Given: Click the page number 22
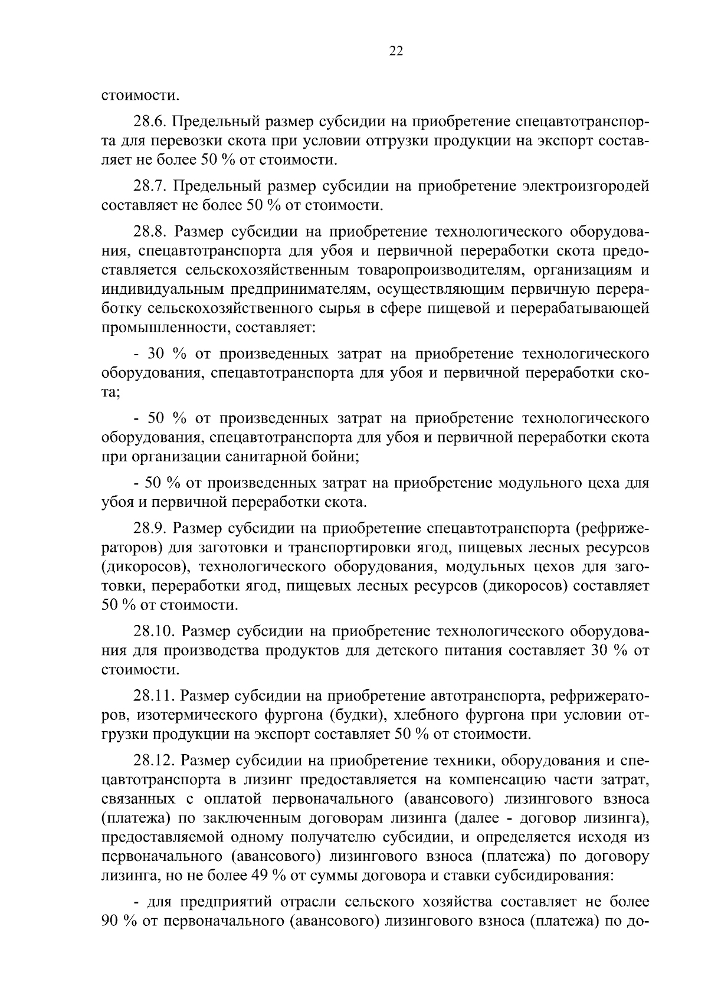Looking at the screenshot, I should tap(396, 51).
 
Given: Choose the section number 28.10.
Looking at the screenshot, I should tap(155, 632).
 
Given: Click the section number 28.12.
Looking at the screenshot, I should tap(155, 761).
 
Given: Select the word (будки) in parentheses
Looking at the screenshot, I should tap(353, 716).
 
